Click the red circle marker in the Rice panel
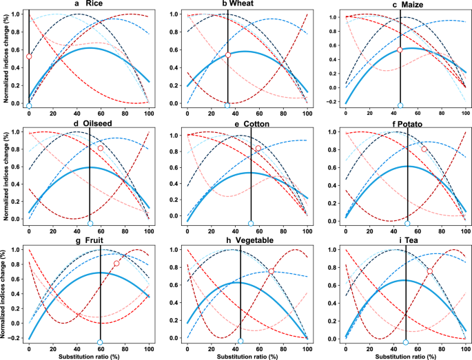point(29,56)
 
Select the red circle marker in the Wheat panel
point(228,55)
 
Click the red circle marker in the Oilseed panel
point(101,148)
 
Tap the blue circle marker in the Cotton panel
point(251,224)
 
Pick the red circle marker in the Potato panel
point(424,149)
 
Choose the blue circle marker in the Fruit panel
point(101,342)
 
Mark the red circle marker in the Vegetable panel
point(271,271)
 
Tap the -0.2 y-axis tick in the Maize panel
point(334,105)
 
